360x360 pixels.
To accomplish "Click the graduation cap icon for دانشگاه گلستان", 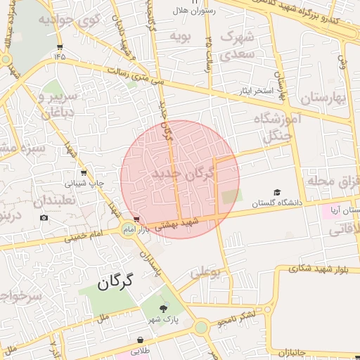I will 277,192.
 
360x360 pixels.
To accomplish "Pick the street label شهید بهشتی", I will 181,223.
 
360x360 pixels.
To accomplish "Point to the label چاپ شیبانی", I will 84,183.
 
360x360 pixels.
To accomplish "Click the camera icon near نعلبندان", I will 44,218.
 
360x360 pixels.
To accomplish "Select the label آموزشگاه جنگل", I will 281,127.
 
